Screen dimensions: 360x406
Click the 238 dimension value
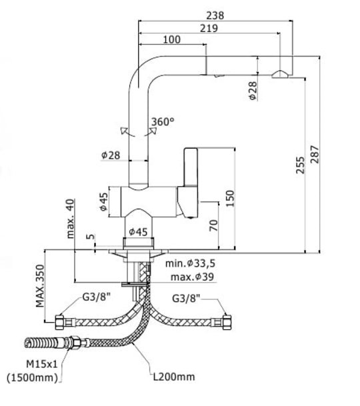[215, 16]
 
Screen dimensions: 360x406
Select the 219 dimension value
[209, 28]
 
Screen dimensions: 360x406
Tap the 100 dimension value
[172, 39]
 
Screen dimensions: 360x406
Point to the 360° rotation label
[163, 122]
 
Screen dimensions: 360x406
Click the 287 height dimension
[315, 155]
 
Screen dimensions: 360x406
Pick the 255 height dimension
[301, 165]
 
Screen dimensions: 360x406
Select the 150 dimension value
[230, 199]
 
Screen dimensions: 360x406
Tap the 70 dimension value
[214, 225]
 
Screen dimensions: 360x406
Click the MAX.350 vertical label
[40, 286]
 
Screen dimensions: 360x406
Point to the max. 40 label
[70, 219]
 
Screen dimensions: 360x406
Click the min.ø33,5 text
[191, 263]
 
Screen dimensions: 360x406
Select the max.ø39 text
[193, 277]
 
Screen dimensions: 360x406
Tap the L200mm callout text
[174, 377]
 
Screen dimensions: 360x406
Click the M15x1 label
[42, 364]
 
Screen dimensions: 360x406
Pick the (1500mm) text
[32, 378]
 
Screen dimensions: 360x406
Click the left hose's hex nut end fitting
[59, 323]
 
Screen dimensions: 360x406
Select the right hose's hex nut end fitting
[227, 323]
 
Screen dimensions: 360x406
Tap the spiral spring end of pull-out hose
[41, 343]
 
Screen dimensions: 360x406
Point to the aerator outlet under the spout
[280, 74]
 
